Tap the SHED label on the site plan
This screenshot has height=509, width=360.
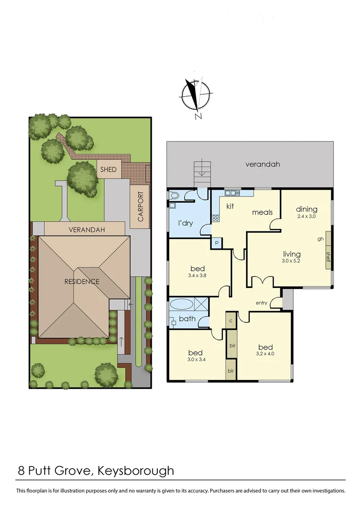click(108, 170)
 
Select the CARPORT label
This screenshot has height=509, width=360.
click(140, 206)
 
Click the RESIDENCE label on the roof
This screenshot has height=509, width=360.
click(82, 282)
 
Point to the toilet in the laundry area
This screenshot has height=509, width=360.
click(173, 195)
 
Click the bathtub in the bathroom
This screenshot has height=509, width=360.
click(181, 304)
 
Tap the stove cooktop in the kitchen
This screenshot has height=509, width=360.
click(216, 218)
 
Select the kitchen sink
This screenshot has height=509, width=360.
click(233, 192)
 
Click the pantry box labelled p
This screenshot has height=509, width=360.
click(216, 243)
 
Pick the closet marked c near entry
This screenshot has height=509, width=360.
click(231, 321)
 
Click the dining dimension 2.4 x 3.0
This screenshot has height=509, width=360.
click(307, 217)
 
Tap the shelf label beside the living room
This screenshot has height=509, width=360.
click(328, 255)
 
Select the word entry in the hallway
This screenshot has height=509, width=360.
click(262, 303)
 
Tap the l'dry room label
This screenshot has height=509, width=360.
click(185, 223)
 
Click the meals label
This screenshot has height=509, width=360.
click(262, 212)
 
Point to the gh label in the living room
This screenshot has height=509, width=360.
click(320, 238)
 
